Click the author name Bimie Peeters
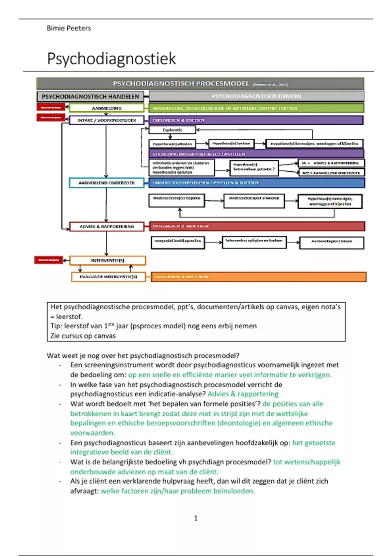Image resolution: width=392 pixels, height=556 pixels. [x=69, y=28]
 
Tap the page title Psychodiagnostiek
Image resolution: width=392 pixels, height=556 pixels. [x=111, y=59]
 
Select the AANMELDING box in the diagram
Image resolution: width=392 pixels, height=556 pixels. [x=106, y=108]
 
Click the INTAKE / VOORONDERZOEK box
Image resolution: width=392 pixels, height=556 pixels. [x=106, y=120]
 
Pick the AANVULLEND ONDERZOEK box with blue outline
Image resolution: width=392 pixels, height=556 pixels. [x=106, y=183]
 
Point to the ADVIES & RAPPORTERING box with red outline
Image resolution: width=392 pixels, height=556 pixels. [x=106, y=226]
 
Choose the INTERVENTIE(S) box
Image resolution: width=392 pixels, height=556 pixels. [x=107, y=260]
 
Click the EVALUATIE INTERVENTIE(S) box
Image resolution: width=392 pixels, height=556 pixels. [x=108, y=277]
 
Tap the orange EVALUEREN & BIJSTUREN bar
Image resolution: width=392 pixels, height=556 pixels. [x=258, y=277]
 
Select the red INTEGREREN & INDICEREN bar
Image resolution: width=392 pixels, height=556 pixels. [x=257, y=226]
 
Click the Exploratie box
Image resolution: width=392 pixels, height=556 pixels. [x=172, y=130]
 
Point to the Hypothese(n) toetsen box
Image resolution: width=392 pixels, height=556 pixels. [x=231, y=143]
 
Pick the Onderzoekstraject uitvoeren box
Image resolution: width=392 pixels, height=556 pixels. [x=254, y=201]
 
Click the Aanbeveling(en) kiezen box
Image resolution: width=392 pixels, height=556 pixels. [x=331, y=243]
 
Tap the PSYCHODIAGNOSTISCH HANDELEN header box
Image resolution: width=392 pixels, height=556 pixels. [x=90, y=96]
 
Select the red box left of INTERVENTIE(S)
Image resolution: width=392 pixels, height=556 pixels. [x=48, y=260]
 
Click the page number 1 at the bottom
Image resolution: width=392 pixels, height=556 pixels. [x=196, y=518]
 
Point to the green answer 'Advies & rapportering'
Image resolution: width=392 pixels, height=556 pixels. [x=243, y=394]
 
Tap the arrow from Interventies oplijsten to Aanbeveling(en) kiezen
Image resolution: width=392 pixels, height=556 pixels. [x=293, y=242]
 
